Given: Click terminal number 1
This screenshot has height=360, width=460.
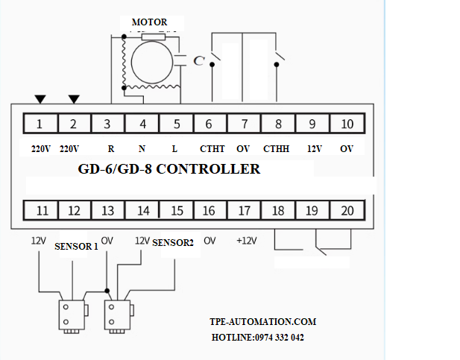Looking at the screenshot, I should tap(40, 124).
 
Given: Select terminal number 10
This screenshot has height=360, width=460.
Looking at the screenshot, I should tap(347, 124).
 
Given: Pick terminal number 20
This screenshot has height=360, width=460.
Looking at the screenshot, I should tap(347, 211).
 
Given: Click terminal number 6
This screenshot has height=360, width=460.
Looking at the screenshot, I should tap(209, 124).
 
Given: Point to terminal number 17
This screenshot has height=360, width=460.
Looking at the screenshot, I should tap(244, 211).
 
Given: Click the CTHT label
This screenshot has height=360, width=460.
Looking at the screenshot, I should tap(212, 149).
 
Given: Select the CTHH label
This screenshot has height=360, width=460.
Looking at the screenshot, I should tap(277, 149).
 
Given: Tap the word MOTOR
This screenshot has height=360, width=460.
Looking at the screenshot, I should tap(149, 22).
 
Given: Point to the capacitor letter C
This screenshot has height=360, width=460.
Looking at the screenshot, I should tap(198, 61).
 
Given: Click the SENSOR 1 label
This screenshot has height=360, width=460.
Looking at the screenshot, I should tap(76, 247).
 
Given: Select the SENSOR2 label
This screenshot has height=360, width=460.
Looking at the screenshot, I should tap(173, 243).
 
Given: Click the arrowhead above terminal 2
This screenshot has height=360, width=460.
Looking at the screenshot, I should tap(74, 99).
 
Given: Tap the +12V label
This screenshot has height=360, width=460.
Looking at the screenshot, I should tap(245, 240).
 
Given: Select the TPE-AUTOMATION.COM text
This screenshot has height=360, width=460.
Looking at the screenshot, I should tap(263, 322).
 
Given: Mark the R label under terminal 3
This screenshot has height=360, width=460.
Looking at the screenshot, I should tap(110, 149).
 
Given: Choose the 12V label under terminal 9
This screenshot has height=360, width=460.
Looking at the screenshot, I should tap(314, 149).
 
